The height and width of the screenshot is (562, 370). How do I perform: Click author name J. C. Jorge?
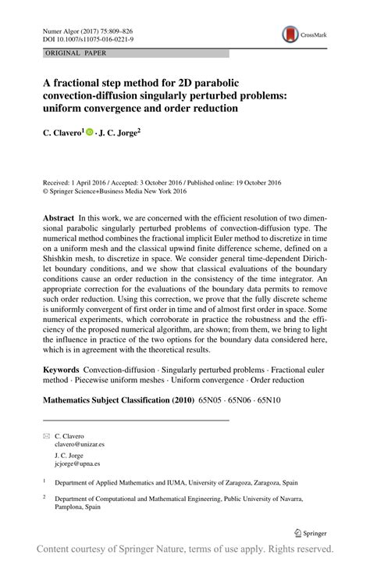click(x=119, y=134)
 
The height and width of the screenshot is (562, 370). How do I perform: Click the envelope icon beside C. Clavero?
click(x=46, y=435)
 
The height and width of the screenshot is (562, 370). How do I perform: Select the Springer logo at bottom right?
click(x=310, y=533)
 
